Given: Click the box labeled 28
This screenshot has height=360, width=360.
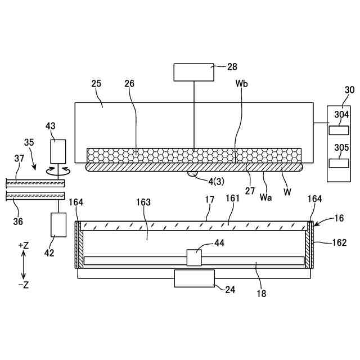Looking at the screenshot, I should (194, 72).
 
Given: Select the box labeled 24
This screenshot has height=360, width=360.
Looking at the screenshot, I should (195, 278).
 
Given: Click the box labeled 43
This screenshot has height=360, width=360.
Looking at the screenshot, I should (58, 150).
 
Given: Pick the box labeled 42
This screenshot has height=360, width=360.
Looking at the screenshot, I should (58, 225).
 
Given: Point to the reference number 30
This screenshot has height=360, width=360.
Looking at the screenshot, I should (349, 89).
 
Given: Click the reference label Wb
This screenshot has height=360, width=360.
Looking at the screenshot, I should (242, 84).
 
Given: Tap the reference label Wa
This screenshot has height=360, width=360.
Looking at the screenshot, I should (266, 197).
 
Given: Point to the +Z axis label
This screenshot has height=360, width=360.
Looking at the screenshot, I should (24, 245).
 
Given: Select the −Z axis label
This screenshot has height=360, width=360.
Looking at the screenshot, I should (24, 285).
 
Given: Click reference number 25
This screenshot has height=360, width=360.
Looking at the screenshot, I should (96, 84).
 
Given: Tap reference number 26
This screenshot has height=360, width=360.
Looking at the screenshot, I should (130, 84).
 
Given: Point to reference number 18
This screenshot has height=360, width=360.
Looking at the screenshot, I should (262, 293).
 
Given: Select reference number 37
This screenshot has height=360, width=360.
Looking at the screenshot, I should (19, 159).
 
